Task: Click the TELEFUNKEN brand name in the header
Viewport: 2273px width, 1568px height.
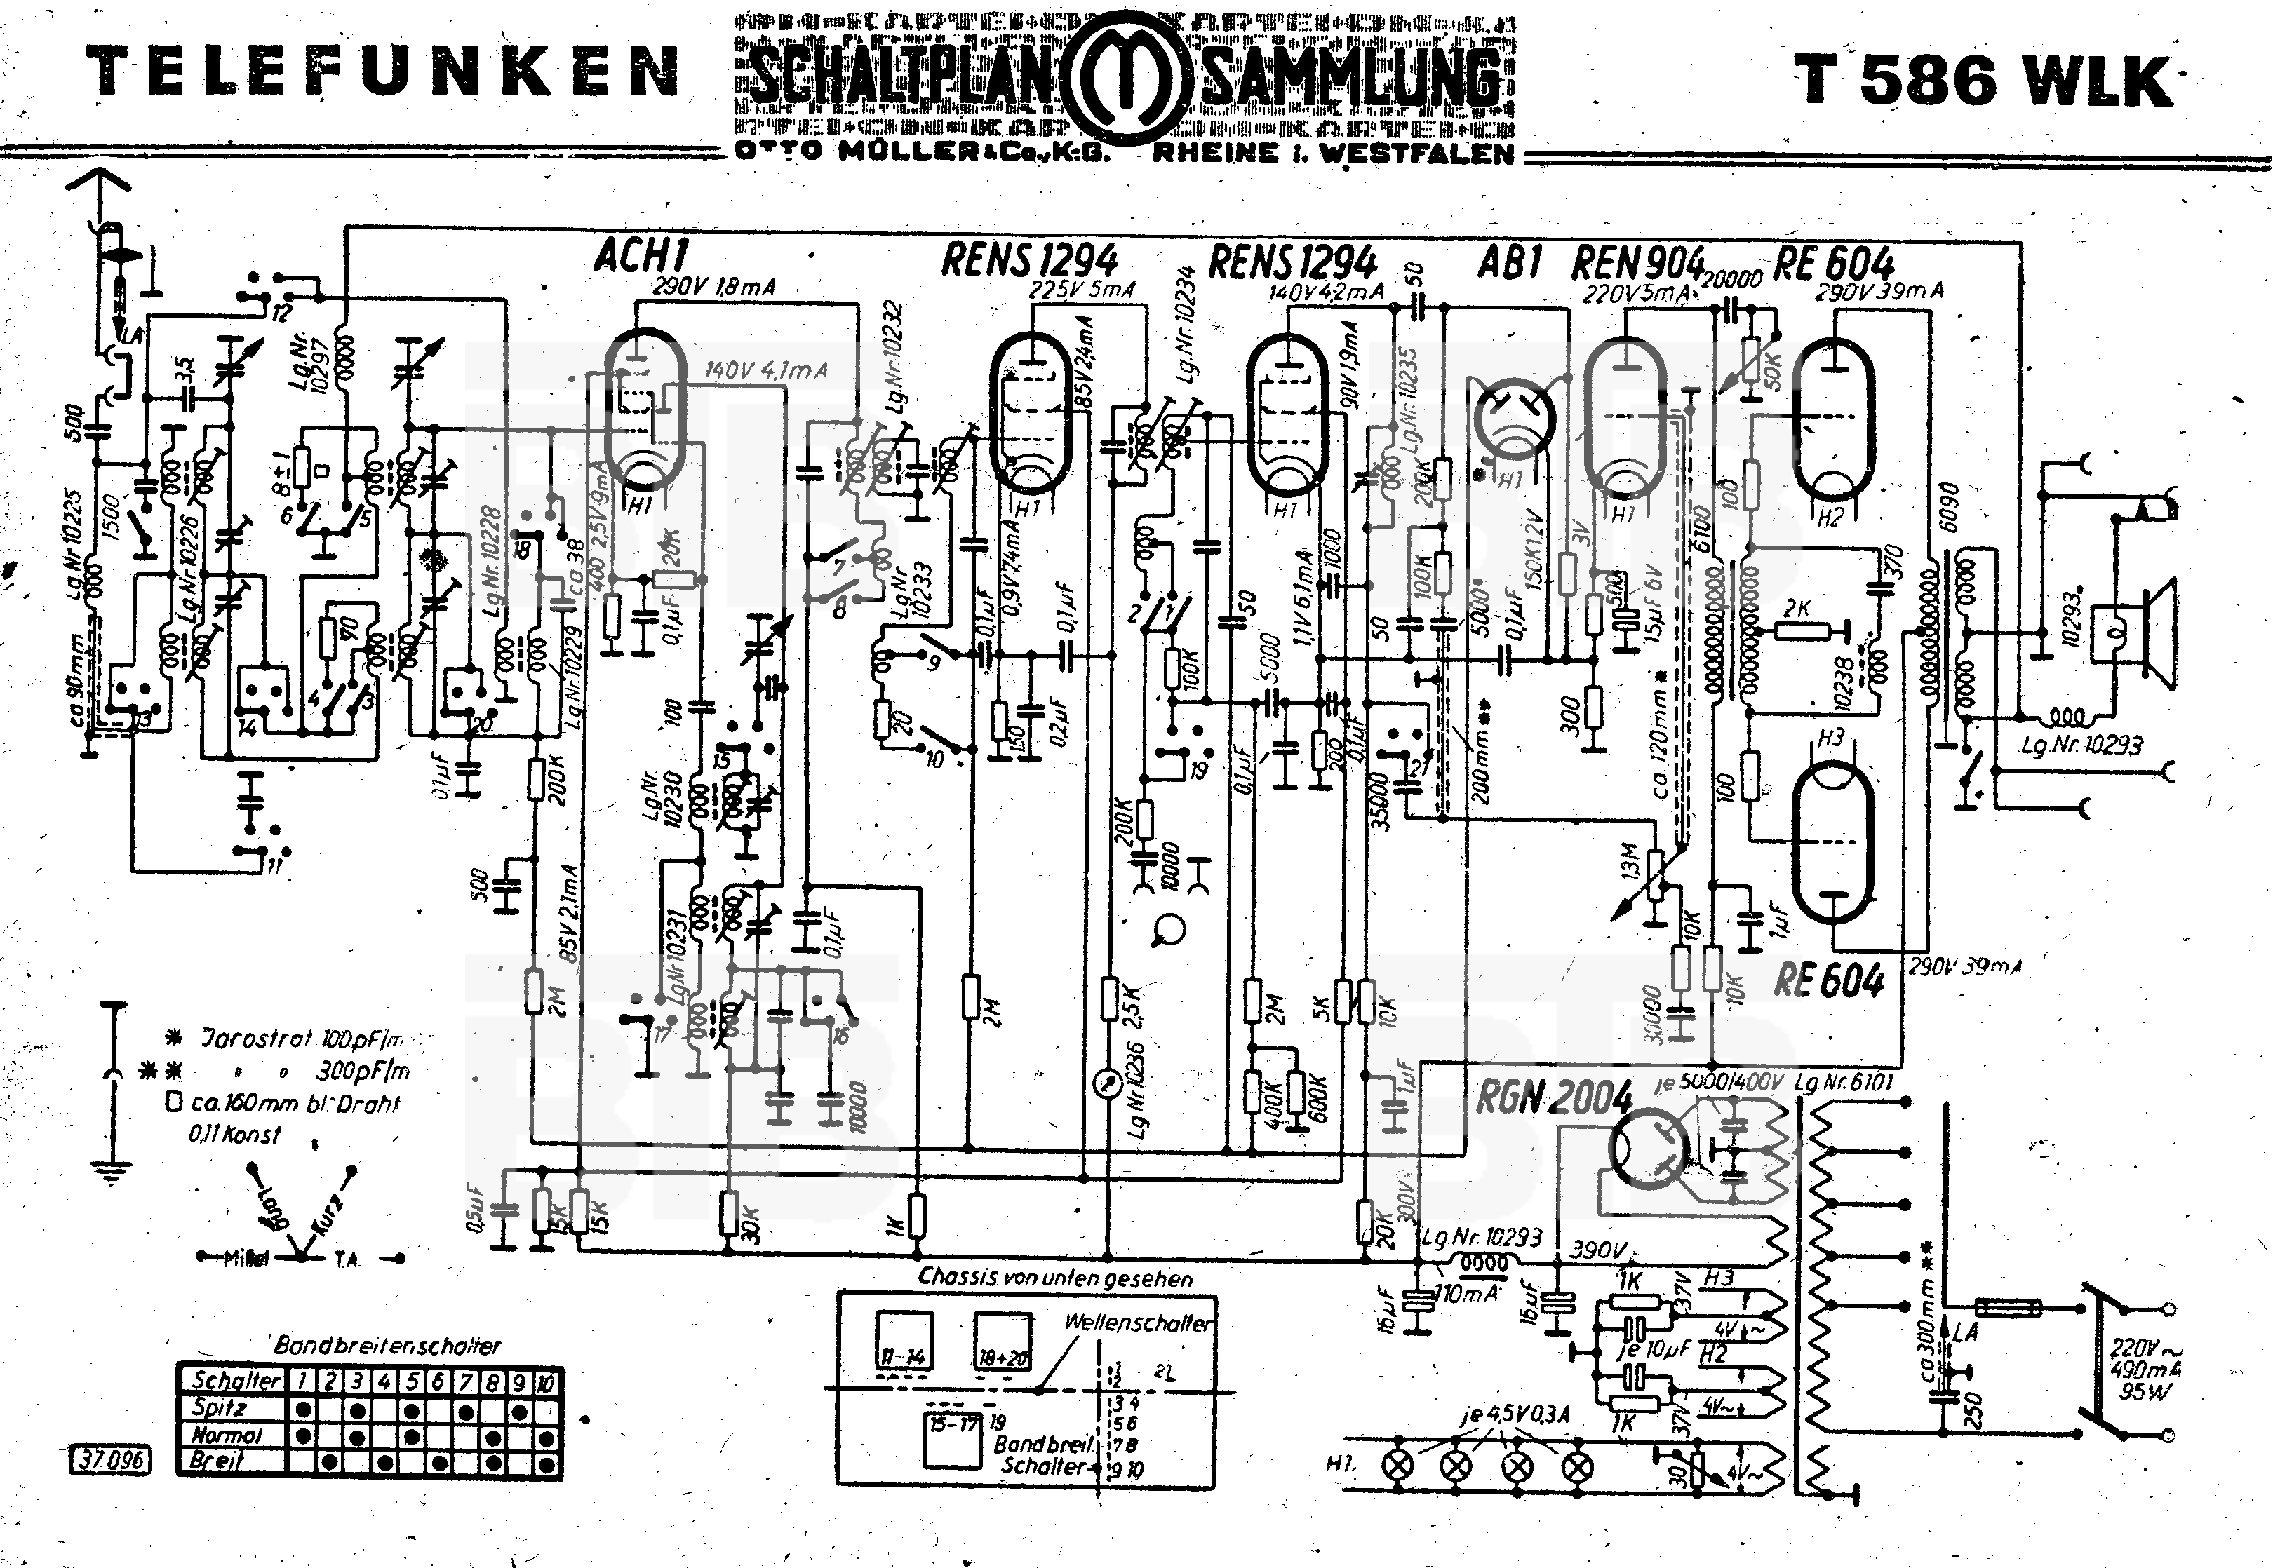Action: tap(383, 74)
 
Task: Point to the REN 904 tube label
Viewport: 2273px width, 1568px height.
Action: tap(1636, 262)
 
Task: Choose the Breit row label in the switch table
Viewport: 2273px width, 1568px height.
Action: tap(218, 1460)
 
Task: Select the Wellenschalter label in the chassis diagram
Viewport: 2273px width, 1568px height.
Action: tap(1138, 1323)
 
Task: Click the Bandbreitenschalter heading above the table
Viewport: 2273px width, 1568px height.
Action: tap(387, 1345)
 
